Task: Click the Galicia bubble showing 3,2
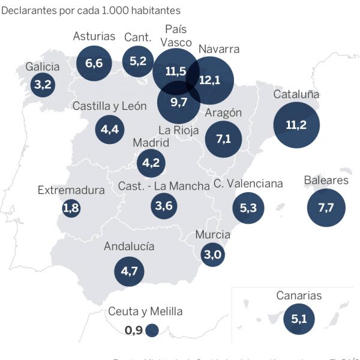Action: click(x=43, y=84)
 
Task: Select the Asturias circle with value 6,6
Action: click(x=94, y=62)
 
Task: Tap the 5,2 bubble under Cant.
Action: click(x=138, y=60)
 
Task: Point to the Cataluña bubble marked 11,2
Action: click(x=296, y=125)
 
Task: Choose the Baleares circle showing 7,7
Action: click(x=326, y=208)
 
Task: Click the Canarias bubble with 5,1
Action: click(x=299, y=319)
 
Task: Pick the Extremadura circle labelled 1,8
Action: click(x=71, y=208)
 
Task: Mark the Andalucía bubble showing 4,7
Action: click(x=130, y=271)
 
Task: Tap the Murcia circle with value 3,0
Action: click(x=213, y=254)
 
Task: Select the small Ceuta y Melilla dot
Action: click(x=152, y=329)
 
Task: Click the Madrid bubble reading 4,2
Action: click(x=151, y=162)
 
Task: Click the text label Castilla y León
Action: click(x=109, y=106)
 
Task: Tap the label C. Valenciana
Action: click(x=248, y=184)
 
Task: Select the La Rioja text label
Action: click(x=178, y=130)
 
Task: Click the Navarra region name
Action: click(x=218, y=49)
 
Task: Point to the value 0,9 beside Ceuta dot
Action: click(x=133, y=329)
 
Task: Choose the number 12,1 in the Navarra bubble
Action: click(x=209, y=80)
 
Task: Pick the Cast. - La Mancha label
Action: click(x=164, y=186)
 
